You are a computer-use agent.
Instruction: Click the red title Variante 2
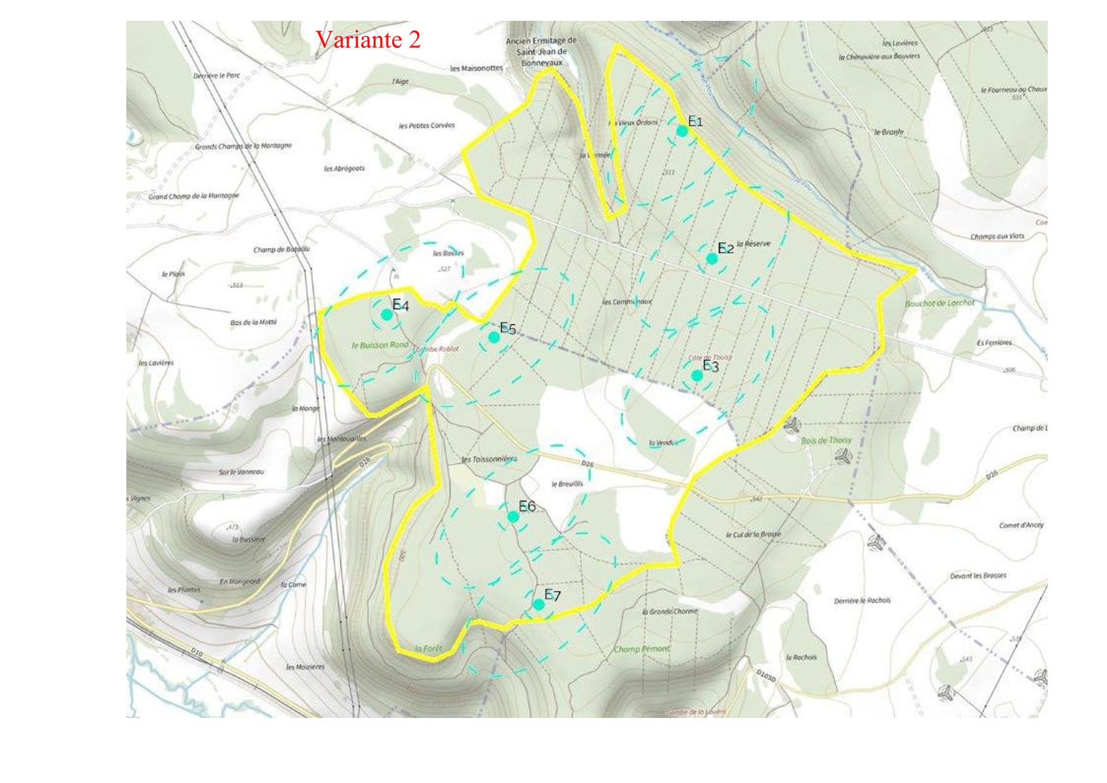[x=368, y=40]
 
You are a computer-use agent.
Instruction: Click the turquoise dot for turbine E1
[x=682, y=131]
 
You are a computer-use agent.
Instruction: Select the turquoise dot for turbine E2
[x=712, y=258]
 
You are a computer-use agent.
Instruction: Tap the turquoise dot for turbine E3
[x=697, y=375]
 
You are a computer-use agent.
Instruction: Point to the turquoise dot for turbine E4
[x=386, y=314]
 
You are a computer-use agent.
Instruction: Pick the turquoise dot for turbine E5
[x=494, y=337]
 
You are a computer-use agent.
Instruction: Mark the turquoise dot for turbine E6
[x=513, y=516]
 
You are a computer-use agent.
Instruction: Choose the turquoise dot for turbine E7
[x=539, y=604]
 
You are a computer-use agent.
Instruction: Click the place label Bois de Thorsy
[x=826, y=440]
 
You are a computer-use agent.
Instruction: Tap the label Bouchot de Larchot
[x=940, y=303]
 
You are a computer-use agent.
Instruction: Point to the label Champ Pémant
[x=642, y=649]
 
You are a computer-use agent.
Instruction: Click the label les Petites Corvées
[x=426, y=126]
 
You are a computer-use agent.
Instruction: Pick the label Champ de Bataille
[x=282, y=249]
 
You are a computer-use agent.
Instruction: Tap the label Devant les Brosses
[x=978, y=576]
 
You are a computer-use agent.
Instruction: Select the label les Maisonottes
[x=477, y=68]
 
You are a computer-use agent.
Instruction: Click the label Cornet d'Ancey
[x=1021, y=525]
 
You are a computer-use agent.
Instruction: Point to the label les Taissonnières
[x=489, y=459]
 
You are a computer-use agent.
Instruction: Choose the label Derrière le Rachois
[x=862, y=601]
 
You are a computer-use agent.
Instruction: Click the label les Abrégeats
[x=344, y=169]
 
